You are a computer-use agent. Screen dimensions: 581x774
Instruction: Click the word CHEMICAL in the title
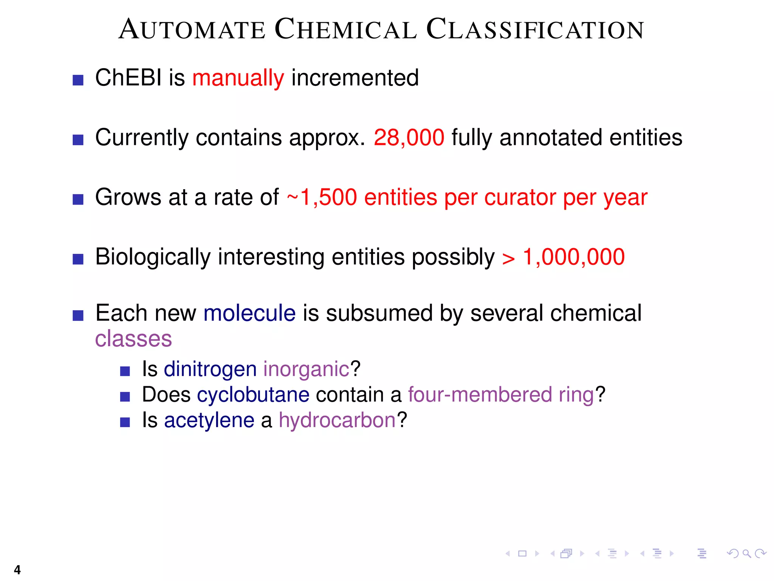pos(345,30)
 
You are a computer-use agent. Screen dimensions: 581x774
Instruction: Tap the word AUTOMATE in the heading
pos(192,30)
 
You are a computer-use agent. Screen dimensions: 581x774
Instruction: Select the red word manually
pos(238,78)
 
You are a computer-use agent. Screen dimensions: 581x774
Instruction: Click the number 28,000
pos(409,138)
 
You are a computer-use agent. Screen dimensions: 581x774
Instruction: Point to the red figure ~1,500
pos(322,197)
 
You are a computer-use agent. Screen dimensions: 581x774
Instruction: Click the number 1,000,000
pos(574,257)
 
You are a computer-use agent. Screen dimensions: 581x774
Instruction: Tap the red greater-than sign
pos(508,259)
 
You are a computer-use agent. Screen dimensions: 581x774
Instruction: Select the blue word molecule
pos(249,313)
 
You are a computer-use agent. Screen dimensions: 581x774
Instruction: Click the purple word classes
pos(133,339)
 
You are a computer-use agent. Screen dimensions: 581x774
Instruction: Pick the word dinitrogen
pos(210,369)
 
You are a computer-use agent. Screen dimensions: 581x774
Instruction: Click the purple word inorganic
pos(306,370)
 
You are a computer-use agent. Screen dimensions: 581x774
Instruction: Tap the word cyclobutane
pos(253,395)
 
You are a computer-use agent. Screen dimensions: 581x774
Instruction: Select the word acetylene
pos(209,420)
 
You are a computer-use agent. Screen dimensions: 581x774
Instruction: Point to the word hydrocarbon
pos(337,420)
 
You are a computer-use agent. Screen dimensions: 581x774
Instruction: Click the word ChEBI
pos(128,78)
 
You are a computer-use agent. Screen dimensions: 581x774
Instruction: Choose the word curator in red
pos(521,197)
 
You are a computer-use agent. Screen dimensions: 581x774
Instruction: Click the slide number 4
pos(17,569)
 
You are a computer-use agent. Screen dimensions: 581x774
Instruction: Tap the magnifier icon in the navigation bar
pos(746,554)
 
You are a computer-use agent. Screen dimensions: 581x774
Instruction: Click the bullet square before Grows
pos(78,199)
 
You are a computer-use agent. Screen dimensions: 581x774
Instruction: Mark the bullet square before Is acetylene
pos(125,422)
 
